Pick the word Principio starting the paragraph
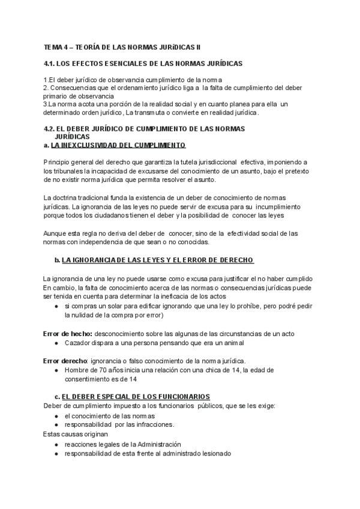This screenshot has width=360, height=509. tap(58, 163)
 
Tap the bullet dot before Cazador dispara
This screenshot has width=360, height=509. tap(56, 343)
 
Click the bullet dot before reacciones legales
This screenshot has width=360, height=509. tap(56, 444)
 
